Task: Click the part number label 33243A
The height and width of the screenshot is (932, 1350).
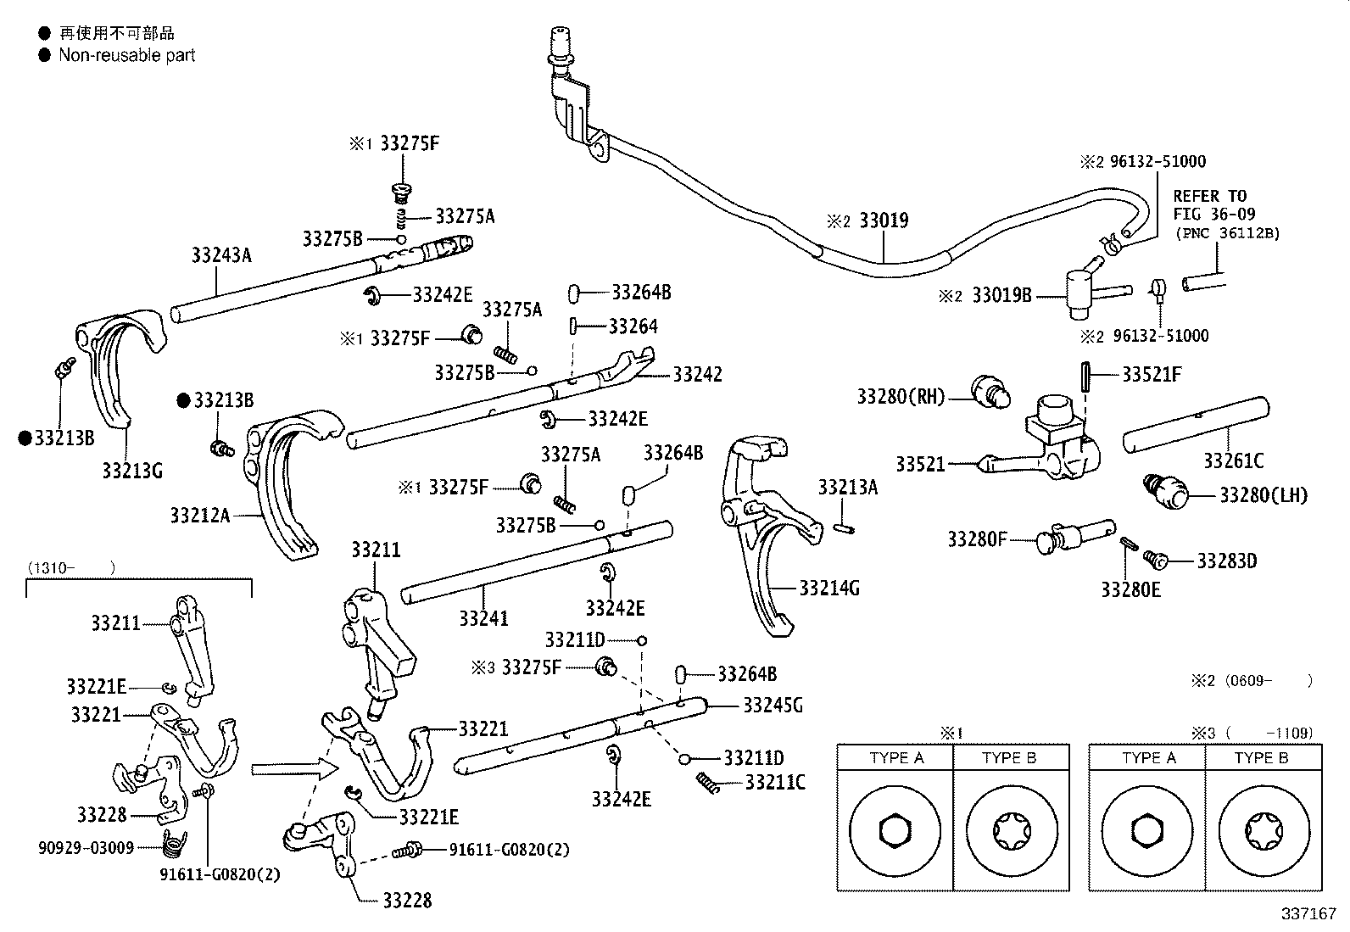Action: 221,255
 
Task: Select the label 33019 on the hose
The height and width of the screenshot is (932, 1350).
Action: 884,220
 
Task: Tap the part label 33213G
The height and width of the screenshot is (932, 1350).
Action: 132,470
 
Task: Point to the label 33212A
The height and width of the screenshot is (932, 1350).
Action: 200,516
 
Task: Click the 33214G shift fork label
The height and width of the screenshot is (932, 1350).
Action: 829,588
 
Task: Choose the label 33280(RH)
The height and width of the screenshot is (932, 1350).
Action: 901,397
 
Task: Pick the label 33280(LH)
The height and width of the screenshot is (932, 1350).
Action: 1264,495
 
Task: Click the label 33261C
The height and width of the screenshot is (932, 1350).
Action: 1234,461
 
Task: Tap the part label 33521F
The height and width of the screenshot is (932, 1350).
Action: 1151,374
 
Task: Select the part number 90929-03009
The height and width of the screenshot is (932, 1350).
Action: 86,848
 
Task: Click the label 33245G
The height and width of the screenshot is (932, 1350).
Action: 773,706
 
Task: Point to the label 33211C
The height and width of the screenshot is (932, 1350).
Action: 775,783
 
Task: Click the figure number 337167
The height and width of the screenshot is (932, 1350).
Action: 1308,914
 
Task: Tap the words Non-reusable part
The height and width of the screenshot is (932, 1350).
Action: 127,55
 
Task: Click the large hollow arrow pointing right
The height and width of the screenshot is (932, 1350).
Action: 295,769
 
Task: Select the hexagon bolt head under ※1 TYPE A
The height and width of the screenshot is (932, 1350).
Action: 895,831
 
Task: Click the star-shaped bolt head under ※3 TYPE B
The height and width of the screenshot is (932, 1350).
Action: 1264,831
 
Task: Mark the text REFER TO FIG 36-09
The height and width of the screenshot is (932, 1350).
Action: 1214,205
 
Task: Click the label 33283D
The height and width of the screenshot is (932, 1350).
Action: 1226,561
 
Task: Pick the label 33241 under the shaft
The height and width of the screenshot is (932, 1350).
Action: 484,618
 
